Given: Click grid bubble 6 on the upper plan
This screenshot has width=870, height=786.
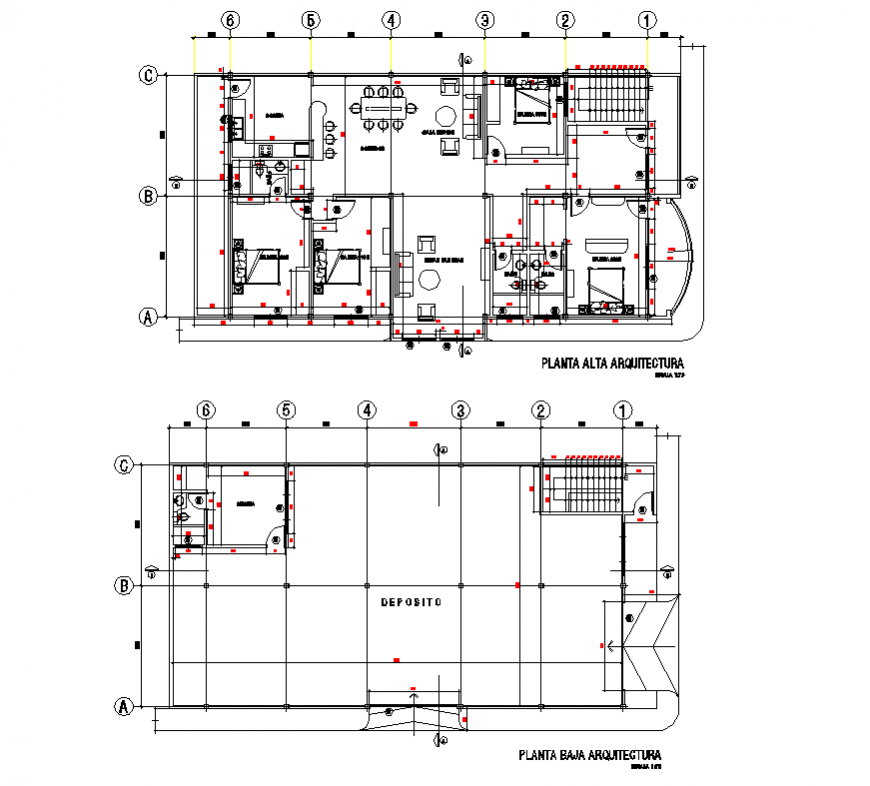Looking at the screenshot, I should pos(230,20).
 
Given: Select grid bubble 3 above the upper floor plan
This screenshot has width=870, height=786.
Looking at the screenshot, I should pos(484,20).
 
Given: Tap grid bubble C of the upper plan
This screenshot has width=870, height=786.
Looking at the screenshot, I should pos(148,75).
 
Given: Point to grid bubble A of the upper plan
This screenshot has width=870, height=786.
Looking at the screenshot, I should pos(148,317).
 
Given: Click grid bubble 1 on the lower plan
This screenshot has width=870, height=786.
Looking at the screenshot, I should pos(622,410).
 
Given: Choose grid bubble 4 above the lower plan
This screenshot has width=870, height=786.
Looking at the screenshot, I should pos(368,410).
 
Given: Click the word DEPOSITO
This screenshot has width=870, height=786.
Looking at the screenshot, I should pos(411,604).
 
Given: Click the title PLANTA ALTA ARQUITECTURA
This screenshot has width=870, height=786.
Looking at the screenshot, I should pos(611,363).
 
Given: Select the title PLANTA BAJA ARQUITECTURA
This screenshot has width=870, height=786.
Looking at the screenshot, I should pos(589,755).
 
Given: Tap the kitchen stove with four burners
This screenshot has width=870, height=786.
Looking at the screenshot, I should pos(267,150).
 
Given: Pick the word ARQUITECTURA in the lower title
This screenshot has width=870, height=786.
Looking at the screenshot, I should pos(625,755).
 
